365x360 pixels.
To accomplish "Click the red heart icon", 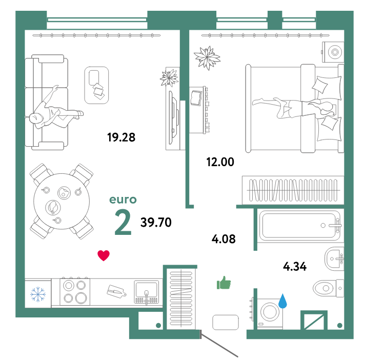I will click(x=104, y=255).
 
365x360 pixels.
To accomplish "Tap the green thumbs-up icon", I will click(x=224, y=283).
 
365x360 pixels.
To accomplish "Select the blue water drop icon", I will click(x=282, y=301).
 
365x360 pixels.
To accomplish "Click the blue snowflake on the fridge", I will click(x=37, y=294).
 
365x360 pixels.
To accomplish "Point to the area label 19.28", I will click(x=121, y=137).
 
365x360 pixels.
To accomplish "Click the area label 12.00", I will click(x=220, y=162).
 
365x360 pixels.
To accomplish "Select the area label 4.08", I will click(x=224, y=238).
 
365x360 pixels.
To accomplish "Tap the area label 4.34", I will click(x=295, y=266).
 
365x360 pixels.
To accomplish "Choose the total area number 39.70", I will click(x=156, y=222).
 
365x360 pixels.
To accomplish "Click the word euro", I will click(x=123, y=200).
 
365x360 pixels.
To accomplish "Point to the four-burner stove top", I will click(x=74, y=292).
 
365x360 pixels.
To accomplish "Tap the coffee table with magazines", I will click(x=97, y=85).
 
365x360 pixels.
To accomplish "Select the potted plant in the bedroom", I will click(x=207, y=58).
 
